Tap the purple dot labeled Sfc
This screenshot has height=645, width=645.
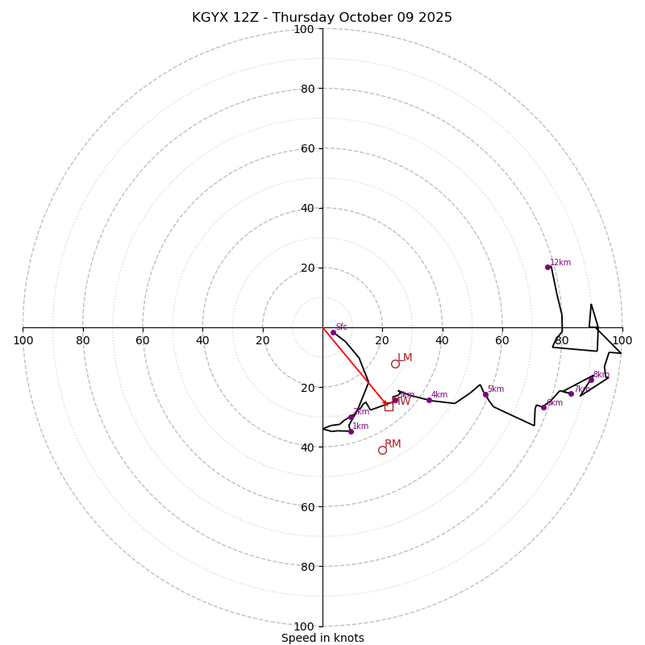tap(333, 332)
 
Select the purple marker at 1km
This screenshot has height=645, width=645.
tap(351, 431)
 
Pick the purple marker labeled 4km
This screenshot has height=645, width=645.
tap(429, 400)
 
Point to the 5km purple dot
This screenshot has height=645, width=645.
tap(485, 394)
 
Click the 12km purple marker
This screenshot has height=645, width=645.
tap(547, 267)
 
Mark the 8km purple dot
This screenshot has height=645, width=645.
tap(591, 380)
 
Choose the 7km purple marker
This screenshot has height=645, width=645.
tap(571, 393)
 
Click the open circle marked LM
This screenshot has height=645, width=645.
tap(395, 364)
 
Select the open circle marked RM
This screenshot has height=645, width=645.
tap(382, 450)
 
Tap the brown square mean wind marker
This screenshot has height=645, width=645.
tap(389, 406)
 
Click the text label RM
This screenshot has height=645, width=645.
tap(393, 444)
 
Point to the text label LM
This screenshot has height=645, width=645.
tap(405, 358)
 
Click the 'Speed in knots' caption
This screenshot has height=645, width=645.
tap(322, 638)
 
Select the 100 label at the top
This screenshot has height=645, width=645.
tap(304, 29)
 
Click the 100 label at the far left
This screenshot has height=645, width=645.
tap(23, 340)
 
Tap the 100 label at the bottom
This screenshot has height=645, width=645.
tap(304, 626)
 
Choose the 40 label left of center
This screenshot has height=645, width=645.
tap(202, 340)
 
